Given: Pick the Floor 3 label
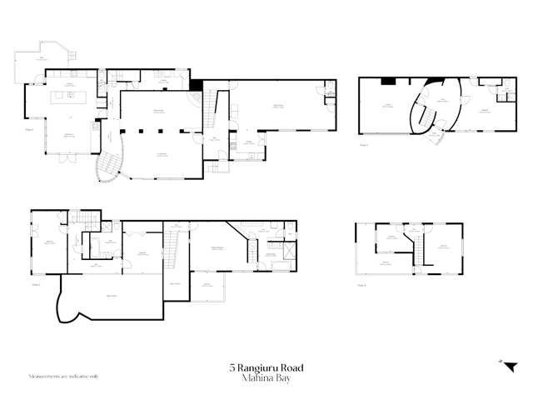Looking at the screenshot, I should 36,284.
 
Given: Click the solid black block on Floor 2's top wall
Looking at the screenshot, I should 387,81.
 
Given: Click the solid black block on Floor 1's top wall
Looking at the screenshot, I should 197,84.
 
